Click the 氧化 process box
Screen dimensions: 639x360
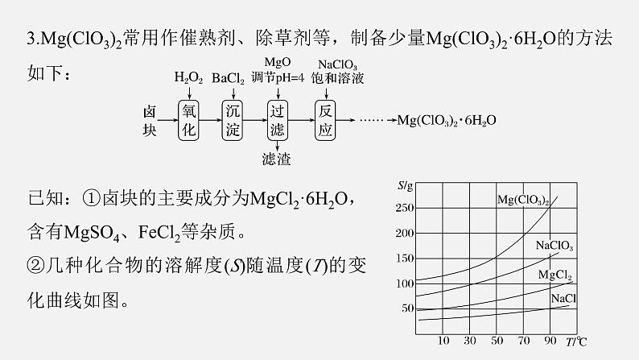coord(188,120)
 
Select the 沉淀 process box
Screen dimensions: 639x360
coord(233,120)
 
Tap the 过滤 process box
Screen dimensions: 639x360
coord(277,120)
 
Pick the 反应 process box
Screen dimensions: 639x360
coord(325,120)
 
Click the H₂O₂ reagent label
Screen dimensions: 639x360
coord(188,77)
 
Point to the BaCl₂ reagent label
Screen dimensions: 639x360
coord(228,78)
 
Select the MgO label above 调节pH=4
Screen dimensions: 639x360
coord(278,62)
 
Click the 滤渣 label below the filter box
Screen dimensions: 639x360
coord(277,159)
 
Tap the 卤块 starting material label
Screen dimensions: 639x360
coord(150,121)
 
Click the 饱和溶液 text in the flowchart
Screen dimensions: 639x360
coord(337,78)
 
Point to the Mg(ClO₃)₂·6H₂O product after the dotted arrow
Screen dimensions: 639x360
coord(447,120)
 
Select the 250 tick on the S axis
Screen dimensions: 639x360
coord(405,208)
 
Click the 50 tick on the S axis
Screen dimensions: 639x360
coord(407,308)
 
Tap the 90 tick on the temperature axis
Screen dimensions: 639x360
coord(550,341)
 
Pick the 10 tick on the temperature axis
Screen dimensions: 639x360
coord(443,341)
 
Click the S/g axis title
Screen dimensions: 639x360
coord(405,186)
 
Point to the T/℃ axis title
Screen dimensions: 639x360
coord(576,341)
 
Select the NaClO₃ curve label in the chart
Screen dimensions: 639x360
coord(554,246)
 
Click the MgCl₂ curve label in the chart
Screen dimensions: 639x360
coord(555,275)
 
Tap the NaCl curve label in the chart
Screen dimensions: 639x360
coord(563,299)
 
